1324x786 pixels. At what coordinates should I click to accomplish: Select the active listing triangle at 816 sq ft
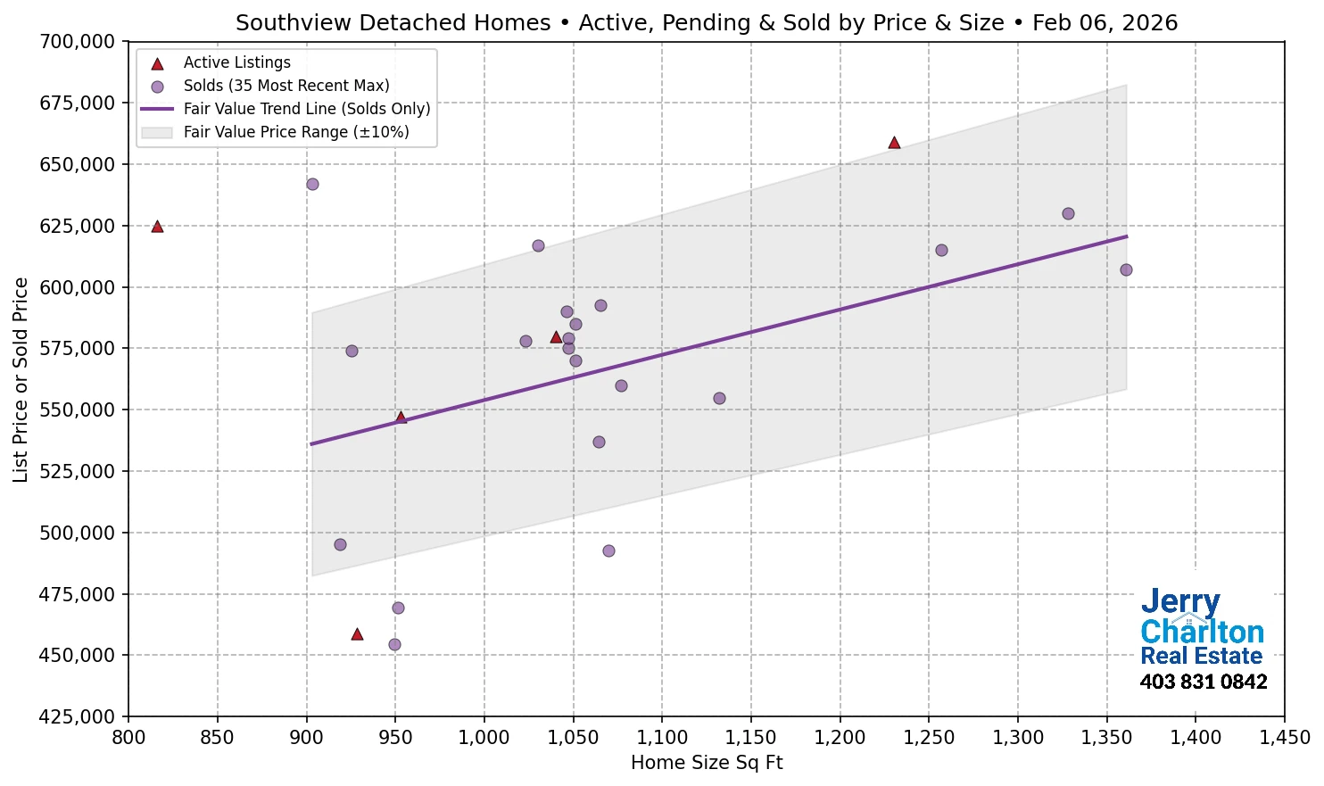pyautogui.click(x=157, y=227)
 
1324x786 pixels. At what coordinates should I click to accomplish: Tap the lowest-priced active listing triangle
pyautogui.click(x=357, y=634)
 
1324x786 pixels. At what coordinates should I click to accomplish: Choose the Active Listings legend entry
pyautogui.click(x=236, y=62)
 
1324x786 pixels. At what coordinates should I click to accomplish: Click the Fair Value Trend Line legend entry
pyautogui.click(x=306, y=109)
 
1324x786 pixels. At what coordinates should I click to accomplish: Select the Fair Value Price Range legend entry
pyautogui.click(x=295, y=132)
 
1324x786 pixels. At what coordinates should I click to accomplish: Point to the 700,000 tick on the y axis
pyautogui.click(x=79, y=42)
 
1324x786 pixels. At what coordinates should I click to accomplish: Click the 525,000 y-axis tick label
pyautogui.click(x=79, y=471)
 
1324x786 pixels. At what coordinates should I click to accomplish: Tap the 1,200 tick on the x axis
pyautogui.click(x=840, y=738)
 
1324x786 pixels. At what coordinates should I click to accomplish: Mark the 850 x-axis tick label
pyautogui.click(x=217, y=738)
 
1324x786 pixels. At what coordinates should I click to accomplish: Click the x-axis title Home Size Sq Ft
pyautogui.click(x=706, y=763)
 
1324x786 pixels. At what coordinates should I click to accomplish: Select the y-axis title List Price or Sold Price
pyautogui.click(x=21, y=380)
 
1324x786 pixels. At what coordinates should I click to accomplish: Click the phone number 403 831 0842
pyautogui.click(x=1203, y=683)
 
